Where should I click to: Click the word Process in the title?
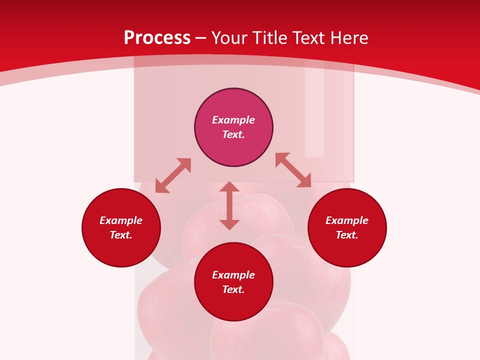tap(157, 38)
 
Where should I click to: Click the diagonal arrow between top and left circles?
tap(173, 175)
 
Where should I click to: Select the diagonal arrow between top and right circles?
tap(293, 170)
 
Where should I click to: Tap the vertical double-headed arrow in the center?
tap(229, 205)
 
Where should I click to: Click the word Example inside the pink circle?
tap(233, 120)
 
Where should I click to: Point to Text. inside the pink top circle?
tap(233, 134)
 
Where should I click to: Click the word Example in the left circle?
tap(121, 220)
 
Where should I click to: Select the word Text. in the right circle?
tap(347, 235)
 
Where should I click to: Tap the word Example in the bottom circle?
tap(233, 275)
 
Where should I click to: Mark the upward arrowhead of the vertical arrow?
tap(229, 186)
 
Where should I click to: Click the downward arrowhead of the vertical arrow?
tap(229, 224)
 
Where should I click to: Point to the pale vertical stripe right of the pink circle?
tap(314, 115)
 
